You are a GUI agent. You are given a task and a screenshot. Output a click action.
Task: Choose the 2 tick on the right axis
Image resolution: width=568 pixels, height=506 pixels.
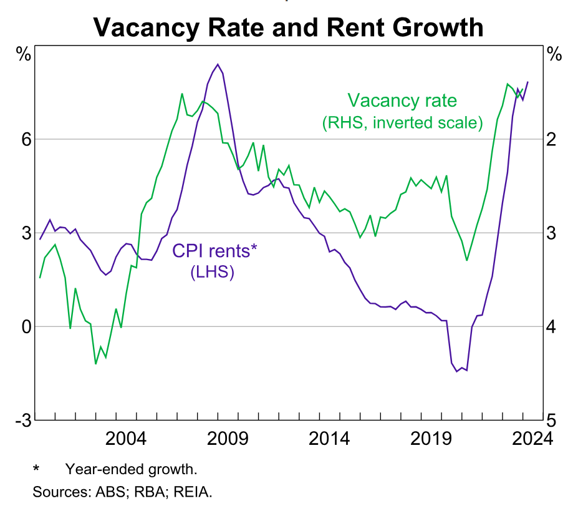click(551, 139)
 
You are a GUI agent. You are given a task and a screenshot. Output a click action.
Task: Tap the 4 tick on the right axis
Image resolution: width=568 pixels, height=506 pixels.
click(551, 326)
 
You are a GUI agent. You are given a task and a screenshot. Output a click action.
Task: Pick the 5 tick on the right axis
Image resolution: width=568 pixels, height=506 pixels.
click(551, 420)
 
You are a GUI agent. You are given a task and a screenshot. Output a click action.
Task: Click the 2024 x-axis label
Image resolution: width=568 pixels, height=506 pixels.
click(531, 439)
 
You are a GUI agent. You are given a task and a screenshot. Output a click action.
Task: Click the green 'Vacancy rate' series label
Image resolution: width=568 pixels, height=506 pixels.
click(402, 100)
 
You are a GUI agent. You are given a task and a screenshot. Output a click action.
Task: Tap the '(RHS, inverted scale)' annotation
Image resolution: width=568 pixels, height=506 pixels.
click(403, 123)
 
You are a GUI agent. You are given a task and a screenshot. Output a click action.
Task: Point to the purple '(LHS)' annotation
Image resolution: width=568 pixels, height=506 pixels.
click(211, 272)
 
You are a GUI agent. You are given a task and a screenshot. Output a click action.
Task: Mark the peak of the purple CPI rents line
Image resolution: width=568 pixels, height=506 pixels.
click(218, 64)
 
